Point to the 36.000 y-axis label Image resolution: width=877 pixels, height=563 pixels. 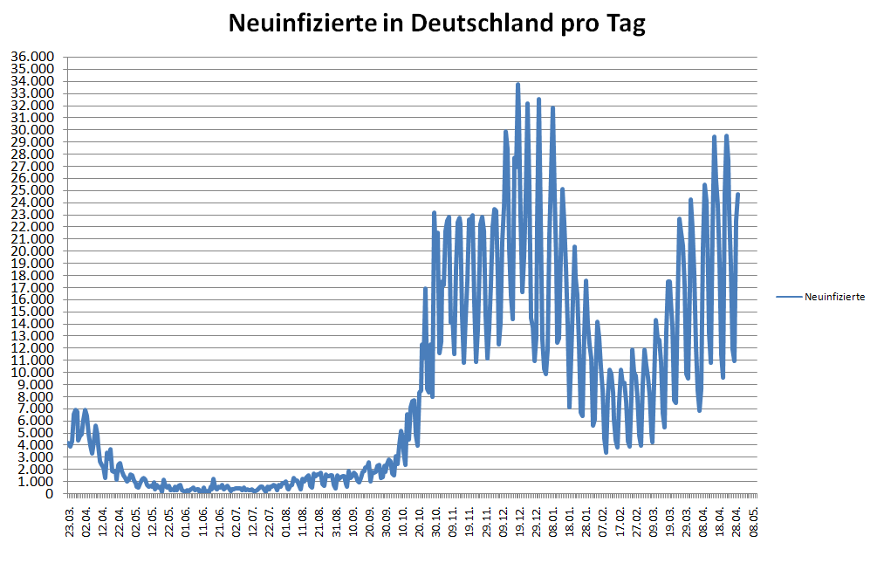[x=31, y=57]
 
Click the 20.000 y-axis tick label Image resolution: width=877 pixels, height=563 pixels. [x=31, y=251]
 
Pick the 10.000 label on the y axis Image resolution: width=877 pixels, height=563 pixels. [x=31, y=372]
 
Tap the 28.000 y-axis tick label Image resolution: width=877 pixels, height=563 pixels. [x=31, y=154]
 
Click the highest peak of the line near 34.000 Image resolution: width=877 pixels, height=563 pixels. [x=517, y=85]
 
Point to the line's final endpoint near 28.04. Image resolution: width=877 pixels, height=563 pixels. [x=738, y=195]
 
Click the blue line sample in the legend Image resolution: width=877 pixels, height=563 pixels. [x=789, y=297]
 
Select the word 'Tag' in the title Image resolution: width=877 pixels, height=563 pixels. [x=627, y=24]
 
